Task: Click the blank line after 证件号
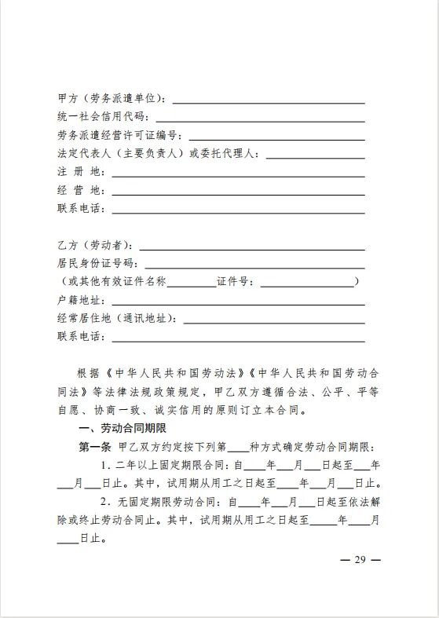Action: click(307, 282)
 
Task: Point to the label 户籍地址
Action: click(81, 300)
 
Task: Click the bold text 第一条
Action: click(95, 446)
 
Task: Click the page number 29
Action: click(360, 560)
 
